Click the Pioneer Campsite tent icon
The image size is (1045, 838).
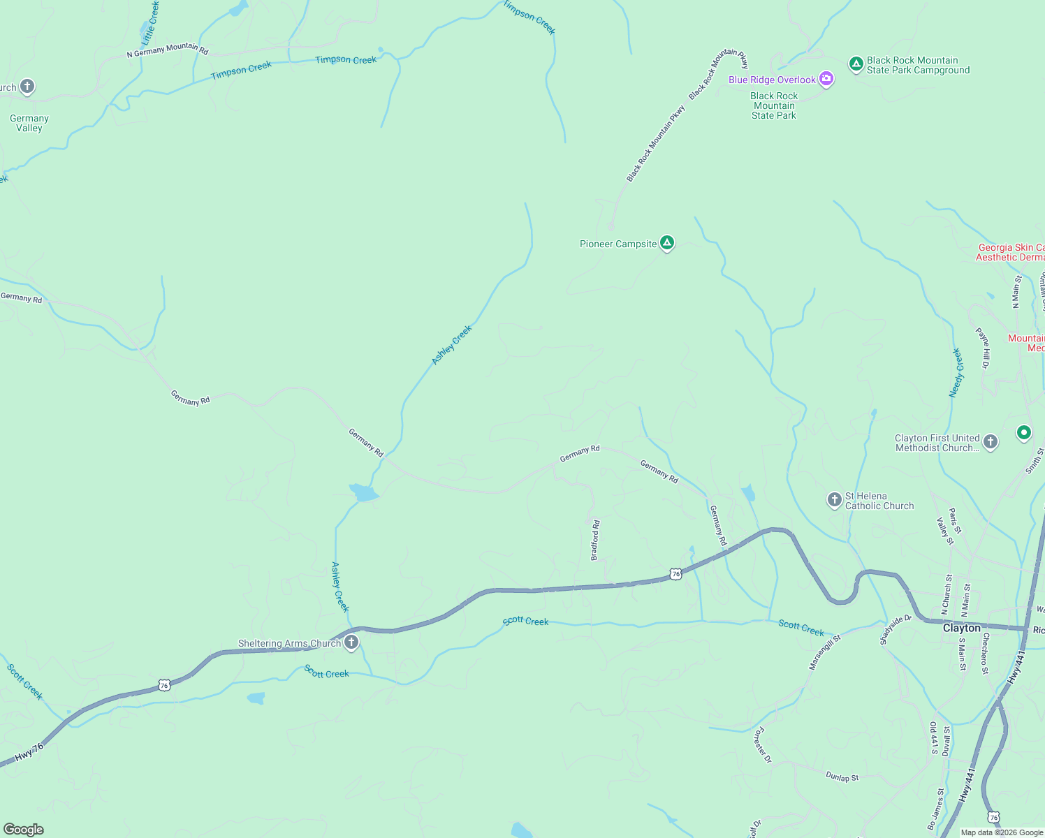click(x=667, y=243)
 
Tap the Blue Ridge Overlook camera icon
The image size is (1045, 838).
click(x=826, y=79)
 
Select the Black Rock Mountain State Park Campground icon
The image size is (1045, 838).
click(x=856, y=65)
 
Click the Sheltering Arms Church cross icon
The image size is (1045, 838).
click(x=351, y=642)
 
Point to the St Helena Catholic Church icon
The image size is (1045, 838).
click(x=834, y=500)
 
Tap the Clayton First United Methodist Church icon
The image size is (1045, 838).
click(x=990, y=442)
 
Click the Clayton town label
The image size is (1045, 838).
click(x=962, y=628)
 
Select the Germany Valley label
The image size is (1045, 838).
click(x=29, y=123)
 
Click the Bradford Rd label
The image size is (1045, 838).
click(x=595, y=540)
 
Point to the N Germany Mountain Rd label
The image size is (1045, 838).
click(x=168, y=50)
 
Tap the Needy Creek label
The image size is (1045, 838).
click(x=956, y=373)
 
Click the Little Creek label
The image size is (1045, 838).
click(x=151, y=23)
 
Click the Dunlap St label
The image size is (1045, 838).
click(x=842, y=777)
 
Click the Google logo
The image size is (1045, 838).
click(x=24, y=829)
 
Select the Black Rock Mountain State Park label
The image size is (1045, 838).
click(x=774, y=105)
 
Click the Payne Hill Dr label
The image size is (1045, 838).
click(x=984, y=348)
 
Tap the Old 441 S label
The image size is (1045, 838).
click(x=933, y=738)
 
